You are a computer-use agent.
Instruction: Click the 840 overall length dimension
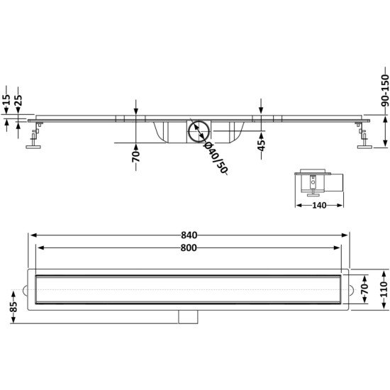coord(189,235)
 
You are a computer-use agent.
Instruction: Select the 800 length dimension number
coord(189,248)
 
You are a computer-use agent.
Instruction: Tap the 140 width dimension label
coord(319,205)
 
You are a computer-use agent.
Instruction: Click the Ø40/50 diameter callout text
coord(216,158)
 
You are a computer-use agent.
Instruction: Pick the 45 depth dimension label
coord(261,145)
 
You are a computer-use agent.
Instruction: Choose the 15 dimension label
coord(7,100)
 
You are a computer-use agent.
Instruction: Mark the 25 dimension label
coord(18,100)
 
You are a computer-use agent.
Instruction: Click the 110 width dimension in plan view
coord(385,289)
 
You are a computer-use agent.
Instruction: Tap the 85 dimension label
coord(14,306)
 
